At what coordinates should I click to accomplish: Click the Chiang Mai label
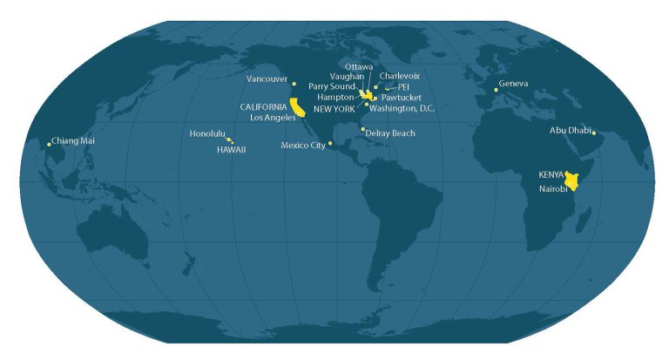coord(74,140)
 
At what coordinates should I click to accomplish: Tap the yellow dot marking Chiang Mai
coord(49,144)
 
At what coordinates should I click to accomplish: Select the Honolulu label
coord(207,133)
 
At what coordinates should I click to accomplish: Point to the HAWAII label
coord(232,149)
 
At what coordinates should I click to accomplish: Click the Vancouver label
coord(267,79)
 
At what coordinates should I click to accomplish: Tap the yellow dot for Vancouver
coord(294,84)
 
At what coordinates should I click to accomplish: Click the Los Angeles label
coord(273,117)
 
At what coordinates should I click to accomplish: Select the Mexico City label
coord(303,146)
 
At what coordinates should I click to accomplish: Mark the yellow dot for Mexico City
coord(330,144)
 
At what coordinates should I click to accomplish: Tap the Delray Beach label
coord(390,133)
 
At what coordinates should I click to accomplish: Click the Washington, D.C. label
coord(402,109)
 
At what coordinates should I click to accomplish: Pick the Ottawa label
coord(359,66)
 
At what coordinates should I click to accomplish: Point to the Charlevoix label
coord(400,76)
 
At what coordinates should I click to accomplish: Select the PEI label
coord(403,87)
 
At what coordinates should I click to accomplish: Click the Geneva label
coord(514,84)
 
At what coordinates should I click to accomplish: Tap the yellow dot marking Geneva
coord(496,90)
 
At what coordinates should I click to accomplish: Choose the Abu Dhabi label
coord(570,130)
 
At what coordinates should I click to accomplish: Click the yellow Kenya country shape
coord(572,180)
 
